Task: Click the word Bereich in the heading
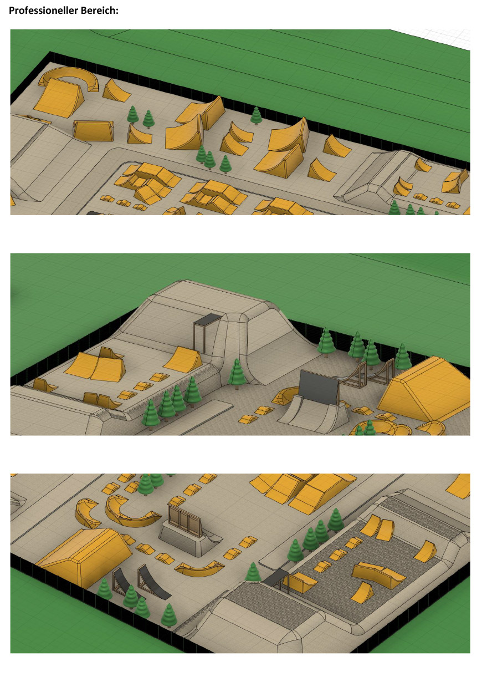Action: (x=98, y=11)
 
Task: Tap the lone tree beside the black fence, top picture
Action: (x=256, y=116)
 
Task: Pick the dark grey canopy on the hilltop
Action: (x=207, y=320)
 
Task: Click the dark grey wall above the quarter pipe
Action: (x=319, y=386)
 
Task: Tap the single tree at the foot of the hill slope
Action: (x=237, y=374)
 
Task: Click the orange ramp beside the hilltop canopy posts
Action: (x=183, y=359)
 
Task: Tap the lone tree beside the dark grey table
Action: (x=253, y=572)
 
